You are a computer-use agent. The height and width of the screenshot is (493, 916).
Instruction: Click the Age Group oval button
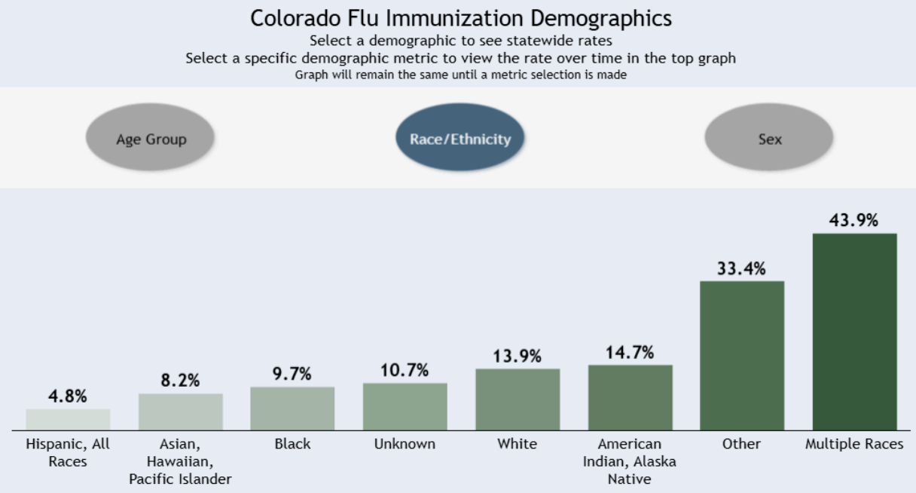point(151,139)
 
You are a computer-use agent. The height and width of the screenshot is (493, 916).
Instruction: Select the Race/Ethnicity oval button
point(460,139)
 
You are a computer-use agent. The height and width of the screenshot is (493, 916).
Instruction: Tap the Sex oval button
point(769,139)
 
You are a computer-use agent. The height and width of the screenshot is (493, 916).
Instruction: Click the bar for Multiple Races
point(854,332)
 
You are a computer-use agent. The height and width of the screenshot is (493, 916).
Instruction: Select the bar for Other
point(742,356)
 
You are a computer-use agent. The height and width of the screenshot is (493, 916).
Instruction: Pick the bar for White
point(518,400)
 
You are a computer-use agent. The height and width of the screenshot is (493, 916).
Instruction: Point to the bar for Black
point(292,409)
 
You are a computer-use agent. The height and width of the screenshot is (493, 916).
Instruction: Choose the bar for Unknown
point(405,406)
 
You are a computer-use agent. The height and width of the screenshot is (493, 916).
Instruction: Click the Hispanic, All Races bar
point(68,419)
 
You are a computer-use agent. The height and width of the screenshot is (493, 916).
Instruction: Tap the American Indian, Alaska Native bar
point(630,397)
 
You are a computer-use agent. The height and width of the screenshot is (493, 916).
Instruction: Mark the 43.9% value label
point(853,220)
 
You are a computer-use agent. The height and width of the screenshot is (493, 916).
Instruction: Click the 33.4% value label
point(741,268)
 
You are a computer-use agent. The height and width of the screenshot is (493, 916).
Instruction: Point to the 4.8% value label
point(68,396)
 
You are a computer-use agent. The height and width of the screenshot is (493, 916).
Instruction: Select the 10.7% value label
point(405,370)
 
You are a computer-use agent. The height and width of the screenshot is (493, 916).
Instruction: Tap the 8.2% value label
point(180,380)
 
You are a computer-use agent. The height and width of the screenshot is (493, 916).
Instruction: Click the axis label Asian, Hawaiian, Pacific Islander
point(180,461)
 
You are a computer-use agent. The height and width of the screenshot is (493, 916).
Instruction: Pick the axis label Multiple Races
point(854,444)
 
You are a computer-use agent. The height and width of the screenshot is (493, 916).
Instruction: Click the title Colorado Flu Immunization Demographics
point(461,18)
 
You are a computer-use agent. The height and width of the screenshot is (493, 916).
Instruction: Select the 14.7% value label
point(630,352)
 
